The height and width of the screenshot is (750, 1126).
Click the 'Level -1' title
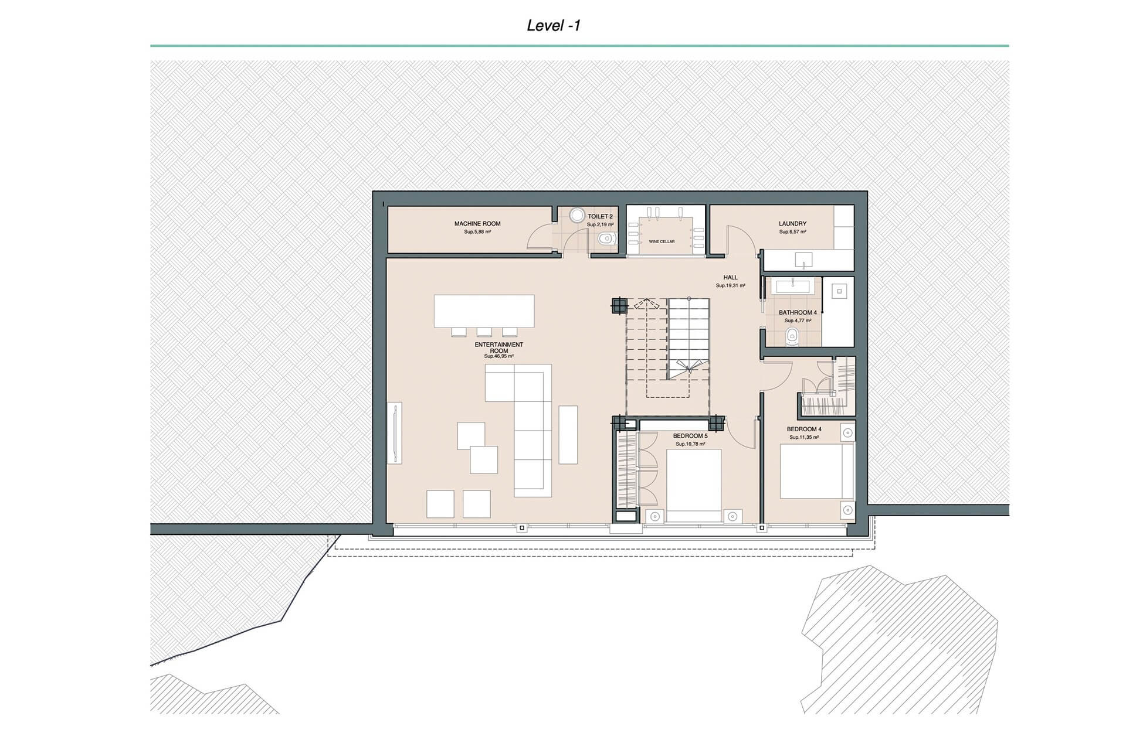553,25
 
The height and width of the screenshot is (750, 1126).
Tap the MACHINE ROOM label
477,224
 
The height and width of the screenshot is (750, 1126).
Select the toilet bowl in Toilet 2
606,238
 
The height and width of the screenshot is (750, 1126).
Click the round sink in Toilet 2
577,216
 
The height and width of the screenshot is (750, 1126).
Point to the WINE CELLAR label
662,241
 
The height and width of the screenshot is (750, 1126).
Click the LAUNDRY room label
792,224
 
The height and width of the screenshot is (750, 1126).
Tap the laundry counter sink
803,260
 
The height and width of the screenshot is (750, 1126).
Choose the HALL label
730,278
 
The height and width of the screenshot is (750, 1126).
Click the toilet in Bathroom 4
792,336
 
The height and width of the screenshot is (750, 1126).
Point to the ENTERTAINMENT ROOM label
499,347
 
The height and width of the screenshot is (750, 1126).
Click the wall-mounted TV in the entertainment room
395,434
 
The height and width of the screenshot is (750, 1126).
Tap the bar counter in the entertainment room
484,311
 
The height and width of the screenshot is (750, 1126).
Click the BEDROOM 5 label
690,436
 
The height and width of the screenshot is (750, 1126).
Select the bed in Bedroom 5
694,486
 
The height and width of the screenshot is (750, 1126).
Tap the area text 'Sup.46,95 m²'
499,356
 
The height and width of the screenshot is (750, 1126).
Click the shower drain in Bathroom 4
839,291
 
